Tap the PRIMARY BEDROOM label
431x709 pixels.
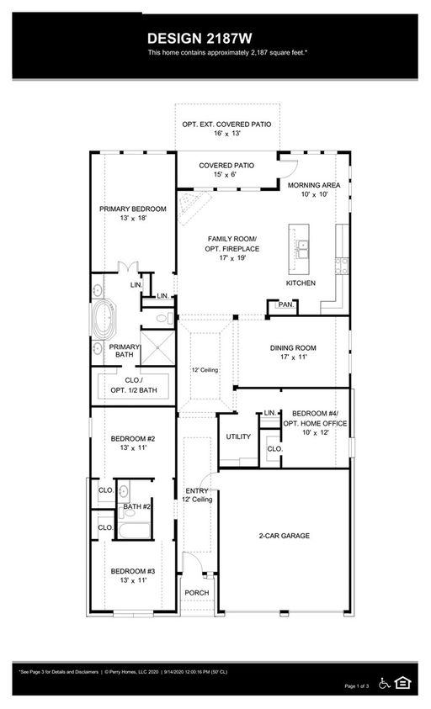[133, 209]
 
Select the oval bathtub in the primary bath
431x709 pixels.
[104, 319]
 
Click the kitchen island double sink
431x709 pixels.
[302, 249]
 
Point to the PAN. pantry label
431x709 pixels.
[286, 304]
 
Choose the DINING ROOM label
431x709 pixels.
[293, 347]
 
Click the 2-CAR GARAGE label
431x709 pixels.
[285, 536]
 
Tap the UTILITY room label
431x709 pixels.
[238, 437]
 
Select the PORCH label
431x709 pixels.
[197, 593]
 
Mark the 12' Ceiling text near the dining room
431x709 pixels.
[205, 370]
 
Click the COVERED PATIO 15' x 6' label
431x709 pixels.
[226, 170]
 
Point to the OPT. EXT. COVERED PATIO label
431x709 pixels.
[226, 124]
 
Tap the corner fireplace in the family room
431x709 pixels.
[194, 207]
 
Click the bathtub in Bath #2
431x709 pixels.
[134, 530]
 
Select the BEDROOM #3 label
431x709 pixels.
[133, 571]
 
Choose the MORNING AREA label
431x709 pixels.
[314, 185]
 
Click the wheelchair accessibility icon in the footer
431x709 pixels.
[385, 683]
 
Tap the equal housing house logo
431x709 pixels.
[402, 682]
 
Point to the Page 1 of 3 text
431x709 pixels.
[357, 686]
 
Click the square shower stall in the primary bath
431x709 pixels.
[157, 347]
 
